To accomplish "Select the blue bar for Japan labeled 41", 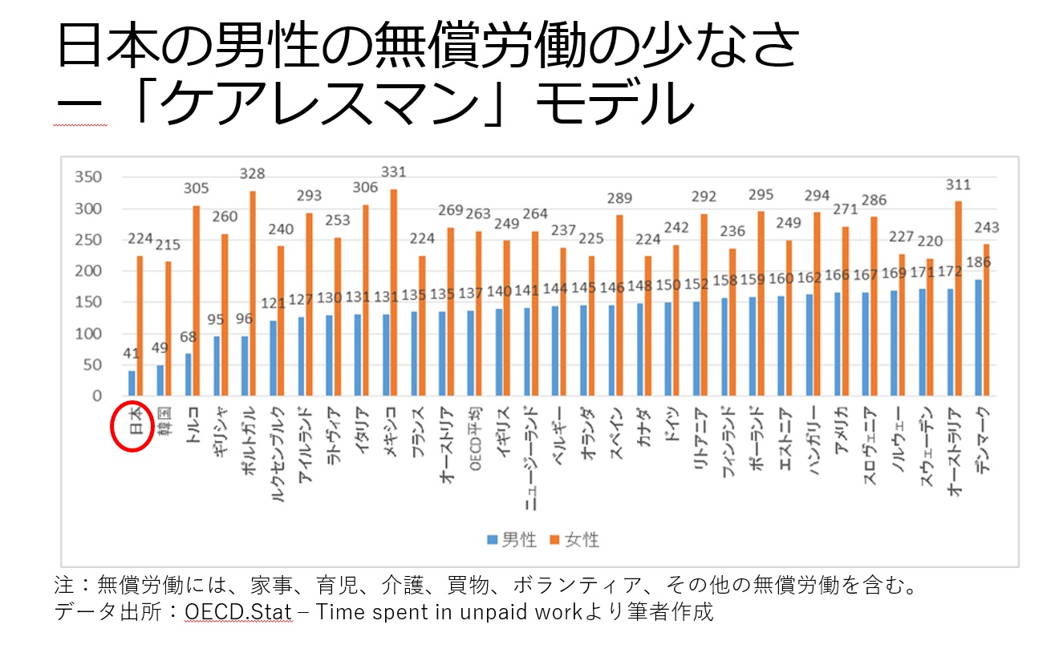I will pos(132,383).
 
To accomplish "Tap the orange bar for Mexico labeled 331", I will pos(393,293).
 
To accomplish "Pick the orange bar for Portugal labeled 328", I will pos(253,294).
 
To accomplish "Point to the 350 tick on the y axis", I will pos(87,178).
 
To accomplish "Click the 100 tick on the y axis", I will pos(87,334).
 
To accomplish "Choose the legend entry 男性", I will pos(511,540).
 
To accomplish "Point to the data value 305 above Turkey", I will pos(196,189).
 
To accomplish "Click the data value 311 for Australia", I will pos(957,185).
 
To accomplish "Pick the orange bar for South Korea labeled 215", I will pos(168,329).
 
